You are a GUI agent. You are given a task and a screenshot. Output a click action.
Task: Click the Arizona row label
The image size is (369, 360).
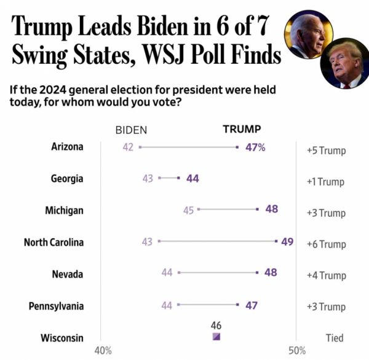pos(67,147)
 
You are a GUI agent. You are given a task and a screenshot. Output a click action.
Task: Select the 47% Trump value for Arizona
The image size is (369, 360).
pos(253,147)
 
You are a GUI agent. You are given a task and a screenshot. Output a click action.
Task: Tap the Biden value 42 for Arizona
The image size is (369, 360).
pos(128,147)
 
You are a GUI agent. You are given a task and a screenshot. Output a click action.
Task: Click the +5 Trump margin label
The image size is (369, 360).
pos(326,151)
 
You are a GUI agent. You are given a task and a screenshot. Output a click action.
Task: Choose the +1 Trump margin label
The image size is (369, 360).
pos(326,182)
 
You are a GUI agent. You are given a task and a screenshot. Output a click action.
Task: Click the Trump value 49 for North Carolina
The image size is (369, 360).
pos(287,241)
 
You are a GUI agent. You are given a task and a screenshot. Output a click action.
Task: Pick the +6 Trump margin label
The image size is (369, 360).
pos(326,245)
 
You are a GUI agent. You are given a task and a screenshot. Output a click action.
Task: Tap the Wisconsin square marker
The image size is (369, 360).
pos(216,337)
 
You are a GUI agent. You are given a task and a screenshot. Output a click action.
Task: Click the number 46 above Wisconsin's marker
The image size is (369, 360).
pos(216,325)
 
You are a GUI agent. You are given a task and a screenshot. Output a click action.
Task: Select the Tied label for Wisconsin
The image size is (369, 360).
pos(334,338)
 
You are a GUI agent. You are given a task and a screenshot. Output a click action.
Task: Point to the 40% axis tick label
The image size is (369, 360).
pos(103,351)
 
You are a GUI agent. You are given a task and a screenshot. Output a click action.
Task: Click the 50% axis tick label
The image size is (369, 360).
pos(297,351)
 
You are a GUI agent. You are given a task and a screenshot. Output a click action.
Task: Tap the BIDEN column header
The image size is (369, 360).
pos(132,130)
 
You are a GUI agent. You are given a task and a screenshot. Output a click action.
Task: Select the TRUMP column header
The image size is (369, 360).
pos(241,129)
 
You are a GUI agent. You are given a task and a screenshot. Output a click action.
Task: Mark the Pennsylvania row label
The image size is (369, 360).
pos(56,306)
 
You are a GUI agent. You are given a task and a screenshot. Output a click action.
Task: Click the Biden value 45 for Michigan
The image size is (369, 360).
pos(188,210)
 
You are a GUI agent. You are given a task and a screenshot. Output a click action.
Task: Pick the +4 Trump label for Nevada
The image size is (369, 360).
pos(326,276)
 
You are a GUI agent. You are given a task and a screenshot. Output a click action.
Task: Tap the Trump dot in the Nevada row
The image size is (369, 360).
pos(257,272)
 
